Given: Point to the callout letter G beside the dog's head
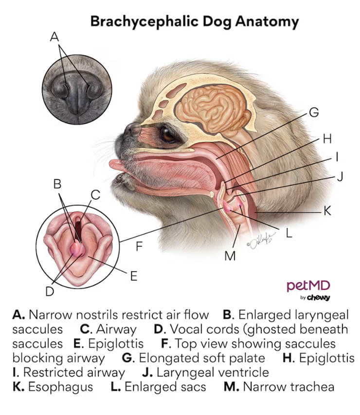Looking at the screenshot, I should [x=314, y=113].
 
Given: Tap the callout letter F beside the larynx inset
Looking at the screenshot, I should [x=139, y=246].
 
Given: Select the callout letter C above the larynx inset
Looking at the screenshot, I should [x=95, y=195].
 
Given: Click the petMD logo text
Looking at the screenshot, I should [x=308, y=285].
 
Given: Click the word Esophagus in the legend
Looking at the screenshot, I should [x=54, y=387].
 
